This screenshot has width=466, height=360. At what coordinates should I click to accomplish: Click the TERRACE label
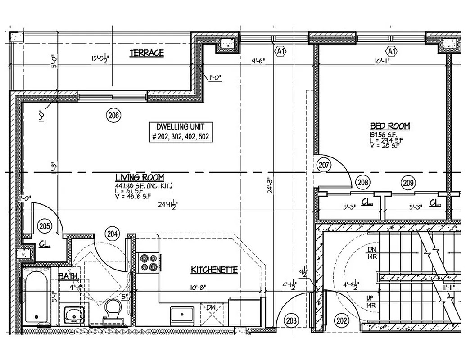click(147, 53)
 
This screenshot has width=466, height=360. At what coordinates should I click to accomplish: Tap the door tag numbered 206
click(113, 116)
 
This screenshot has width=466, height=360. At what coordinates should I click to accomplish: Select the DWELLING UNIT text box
click(180, 132)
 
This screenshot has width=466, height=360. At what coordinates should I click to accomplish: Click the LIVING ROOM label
click(139, 177)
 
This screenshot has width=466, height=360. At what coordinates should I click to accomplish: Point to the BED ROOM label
click(389, 126)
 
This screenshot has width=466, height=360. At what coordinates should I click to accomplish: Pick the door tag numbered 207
click(324, 165)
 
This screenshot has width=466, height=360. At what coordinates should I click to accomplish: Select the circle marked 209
click(408, 183)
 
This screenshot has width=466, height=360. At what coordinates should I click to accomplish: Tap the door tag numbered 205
click(44, 226)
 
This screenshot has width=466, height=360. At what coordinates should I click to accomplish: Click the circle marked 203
click(291, 320)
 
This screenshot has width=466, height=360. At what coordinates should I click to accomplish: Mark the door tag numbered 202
click(342, 320)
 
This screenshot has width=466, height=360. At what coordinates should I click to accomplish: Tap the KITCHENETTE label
click(214, 270)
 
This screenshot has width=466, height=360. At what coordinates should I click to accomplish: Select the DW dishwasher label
click(212, 307)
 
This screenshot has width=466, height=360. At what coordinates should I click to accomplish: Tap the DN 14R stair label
click(371, 253)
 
